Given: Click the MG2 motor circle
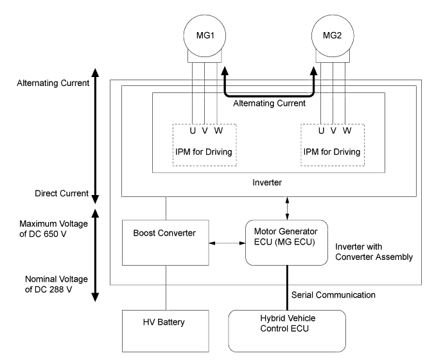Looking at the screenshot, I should (333, 31).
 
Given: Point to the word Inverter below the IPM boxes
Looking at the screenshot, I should (268, 182).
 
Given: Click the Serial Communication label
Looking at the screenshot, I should (333, 296).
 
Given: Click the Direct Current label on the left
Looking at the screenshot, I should (55, 194).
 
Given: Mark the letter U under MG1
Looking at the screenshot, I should (193, 131).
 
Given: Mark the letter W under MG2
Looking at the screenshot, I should (347, 131).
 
